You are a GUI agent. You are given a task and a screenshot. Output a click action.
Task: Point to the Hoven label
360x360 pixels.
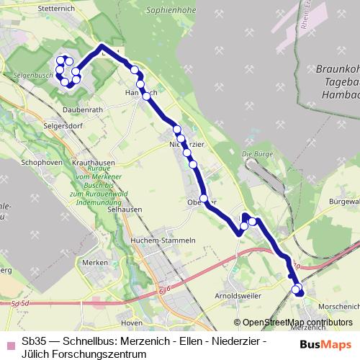pyautogui.click(x=131, y=323)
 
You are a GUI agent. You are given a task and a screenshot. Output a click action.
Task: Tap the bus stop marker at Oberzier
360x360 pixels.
pyautogui.click(x=204, y=198)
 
